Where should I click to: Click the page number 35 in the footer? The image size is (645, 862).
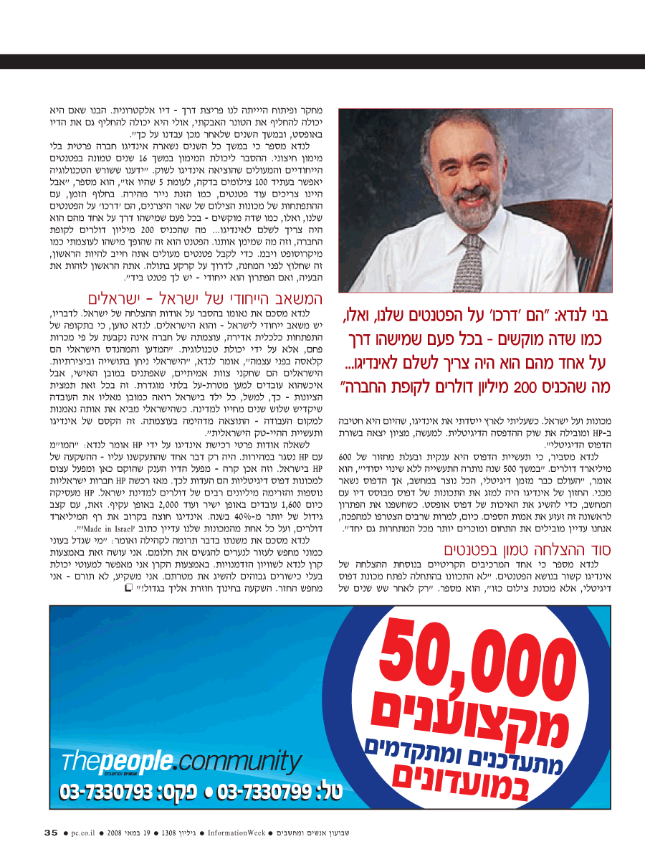click(51, 833)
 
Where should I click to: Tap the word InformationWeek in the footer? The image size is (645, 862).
click(237, 833)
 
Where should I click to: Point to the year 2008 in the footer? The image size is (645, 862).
click(116, 833)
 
